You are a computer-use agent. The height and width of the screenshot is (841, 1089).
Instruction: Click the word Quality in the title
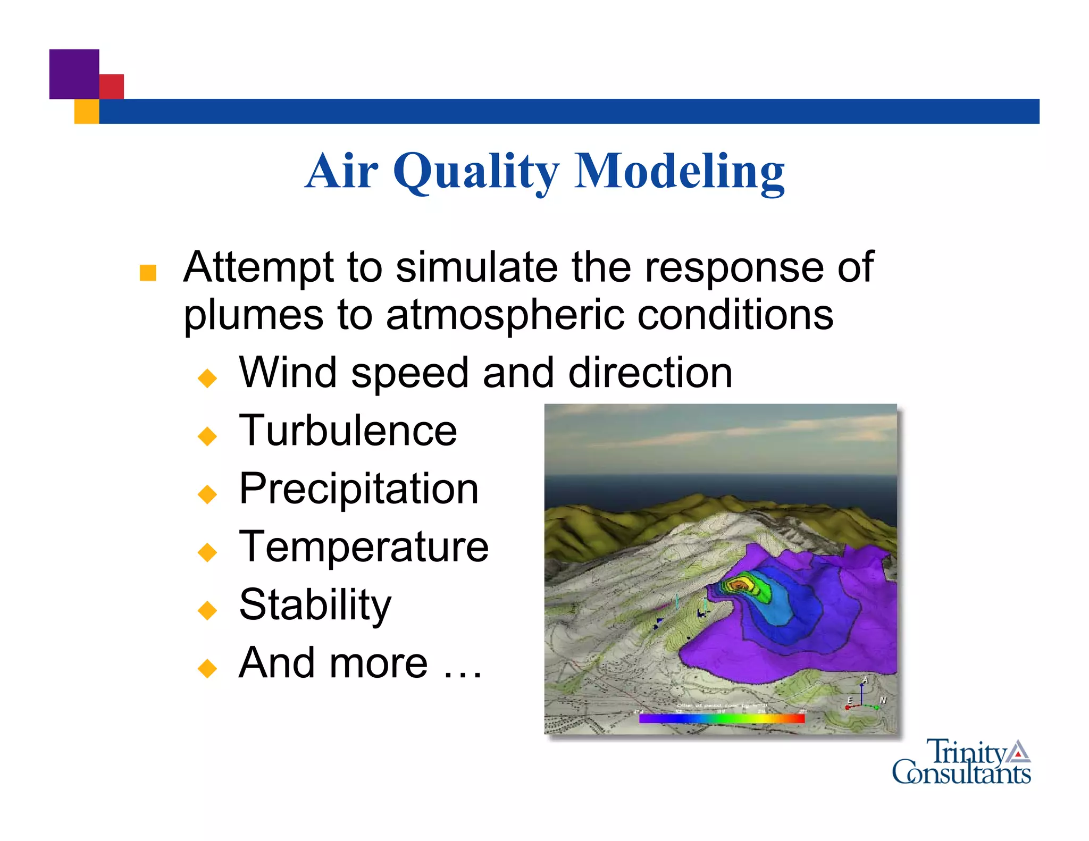pyautogui.click(x=476, y=171)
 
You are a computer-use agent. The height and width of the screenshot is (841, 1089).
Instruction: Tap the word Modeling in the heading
pyautogui.click(x=680, y=171)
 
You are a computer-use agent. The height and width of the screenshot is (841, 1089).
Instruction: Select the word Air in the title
pyautogui.click(x=342, y=171)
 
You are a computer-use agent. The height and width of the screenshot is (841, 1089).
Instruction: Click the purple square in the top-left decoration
pyautogui.click(x=74, y=74)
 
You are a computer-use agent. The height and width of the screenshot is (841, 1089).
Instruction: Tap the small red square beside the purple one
pyautogui.click(x=112, y=86)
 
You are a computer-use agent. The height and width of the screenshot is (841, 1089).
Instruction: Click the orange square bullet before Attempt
pyautogui.click(x=148, y=273)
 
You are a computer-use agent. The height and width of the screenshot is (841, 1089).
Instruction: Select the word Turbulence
pyautogui.click(x=348, y=431)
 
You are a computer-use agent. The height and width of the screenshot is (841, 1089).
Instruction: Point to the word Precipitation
pyautogui.click(x=359, y=489)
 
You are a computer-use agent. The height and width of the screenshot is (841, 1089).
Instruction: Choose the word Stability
pyautogui.click(x=315, y=605)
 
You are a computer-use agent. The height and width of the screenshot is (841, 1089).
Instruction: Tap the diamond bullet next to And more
pyautogui.click(x=207, y=668)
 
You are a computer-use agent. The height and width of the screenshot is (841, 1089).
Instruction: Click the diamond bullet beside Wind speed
pyautogui.click(x=207, y=378)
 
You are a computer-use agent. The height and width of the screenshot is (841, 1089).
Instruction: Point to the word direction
pyautogui.click(x=650, y=373)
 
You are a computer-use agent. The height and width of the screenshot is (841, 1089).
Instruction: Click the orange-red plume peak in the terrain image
pyautogui.click(x=740, y=585)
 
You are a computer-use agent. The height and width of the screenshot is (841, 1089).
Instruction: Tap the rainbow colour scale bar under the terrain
pyautogui.click(x=722, y=719)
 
